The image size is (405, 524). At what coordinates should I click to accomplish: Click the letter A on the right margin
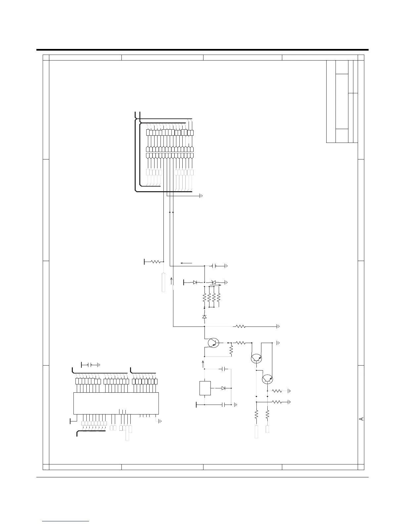[361, 419]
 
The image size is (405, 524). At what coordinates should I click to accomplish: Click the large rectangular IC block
[116, 403]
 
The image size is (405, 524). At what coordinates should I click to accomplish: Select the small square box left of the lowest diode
[205, 388]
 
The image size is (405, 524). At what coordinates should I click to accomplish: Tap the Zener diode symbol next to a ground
[213, 282]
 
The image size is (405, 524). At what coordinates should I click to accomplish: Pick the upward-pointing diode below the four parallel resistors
[204, 316]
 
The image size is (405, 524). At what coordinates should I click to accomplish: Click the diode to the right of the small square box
[223, 388]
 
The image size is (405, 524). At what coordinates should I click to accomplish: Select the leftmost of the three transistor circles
[213, 343]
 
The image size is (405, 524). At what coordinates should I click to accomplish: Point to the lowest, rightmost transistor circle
[267, 379]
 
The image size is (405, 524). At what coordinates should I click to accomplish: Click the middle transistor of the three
[256, 359]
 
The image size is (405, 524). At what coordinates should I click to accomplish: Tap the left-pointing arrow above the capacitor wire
[186, 263]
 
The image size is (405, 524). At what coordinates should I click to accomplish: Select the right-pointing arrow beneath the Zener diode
[215, 285]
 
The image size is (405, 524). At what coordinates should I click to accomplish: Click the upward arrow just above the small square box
[203, 364]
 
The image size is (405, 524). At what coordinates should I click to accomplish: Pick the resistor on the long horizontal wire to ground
[240, 326]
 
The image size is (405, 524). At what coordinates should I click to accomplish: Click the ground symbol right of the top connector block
[201, 196]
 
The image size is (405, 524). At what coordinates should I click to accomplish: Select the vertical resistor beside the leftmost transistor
[231, 350]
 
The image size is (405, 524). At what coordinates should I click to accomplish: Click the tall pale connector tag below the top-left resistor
[163, 282]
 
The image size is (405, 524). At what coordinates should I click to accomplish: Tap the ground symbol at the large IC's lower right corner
[159, 421]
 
